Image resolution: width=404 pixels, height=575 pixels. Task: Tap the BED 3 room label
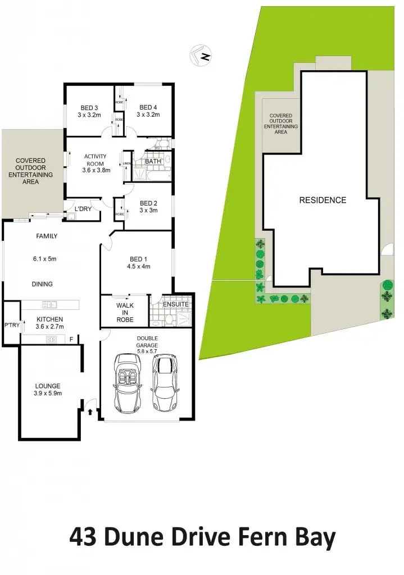(89, 108)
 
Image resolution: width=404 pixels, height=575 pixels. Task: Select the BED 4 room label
(148, 108)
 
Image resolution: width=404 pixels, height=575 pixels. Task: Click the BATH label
(153, 162)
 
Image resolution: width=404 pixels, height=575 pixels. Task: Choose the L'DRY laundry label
(83, 209)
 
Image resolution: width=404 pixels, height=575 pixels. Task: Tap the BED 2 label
(148, 203)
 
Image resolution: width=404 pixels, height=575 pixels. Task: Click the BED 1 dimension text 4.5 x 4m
(138, 267)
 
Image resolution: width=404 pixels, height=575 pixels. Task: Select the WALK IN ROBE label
(125, 312)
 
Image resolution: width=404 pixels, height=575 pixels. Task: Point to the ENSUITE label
(176, 304)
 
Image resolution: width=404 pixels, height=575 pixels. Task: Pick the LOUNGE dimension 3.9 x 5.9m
(48, 393)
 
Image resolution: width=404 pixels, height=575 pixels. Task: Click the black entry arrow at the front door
(90, 412)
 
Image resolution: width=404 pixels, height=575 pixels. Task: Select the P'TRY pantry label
(11, 325)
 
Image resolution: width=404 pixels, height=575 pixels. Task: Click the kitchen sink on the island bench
(50, 305)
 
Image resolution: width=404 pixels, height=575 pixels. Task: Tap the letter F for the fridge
(71, 339)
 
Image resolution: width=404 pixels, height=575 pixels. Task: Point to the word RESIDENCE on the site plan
(323, 200)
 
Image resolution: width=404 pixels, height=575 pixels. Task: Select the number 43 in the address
(83, 537)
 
